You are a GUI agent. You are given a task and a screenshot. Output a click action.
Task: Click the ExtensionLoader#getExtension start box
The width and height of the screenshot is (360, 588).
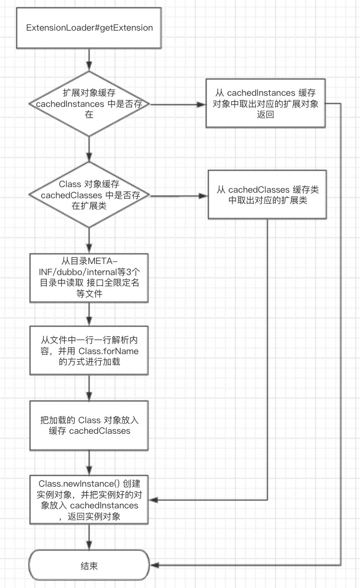click(89, 28)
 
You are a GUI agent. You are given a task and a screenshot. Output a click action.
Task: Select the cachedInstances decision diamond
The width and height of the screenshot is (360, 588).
click(89, 104)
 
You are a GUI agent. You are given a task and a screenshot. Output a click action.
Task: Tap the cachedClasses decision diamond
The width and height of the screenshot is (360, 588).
click(89, 195)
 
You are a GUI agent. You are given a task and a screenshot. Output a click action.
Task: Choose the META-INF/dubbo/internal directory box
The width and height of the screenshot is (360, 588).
click(89, 278)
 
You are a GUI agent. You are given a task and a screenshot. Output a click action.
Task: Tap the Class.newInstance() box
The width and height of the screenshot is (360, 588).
click(89, 499)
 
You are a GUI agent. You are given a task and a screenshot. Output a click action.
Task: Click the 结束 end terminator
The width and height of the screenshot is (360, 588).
click(89, 566)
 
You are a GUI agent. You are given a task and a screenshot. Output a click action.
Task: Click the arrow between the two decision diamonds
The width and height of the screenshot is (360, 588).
click(89, 149)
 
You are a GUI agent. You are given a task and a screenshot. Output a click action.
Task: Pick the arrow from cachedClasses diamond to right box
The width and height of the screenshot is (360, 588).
click(179, 195)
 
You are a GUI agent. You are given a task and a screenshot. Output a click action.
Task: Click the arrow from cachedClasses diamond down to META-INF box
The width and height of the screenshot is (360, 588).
click(89, 241)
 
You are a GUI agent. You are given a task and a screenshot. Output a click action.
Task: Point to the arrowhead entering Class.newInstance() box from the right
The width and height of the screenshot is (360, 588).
click(154, 499)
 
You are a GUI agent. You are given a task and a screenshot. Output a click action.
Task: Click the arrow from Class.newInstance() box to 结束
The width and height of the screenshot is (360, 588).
click(89, 537)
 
